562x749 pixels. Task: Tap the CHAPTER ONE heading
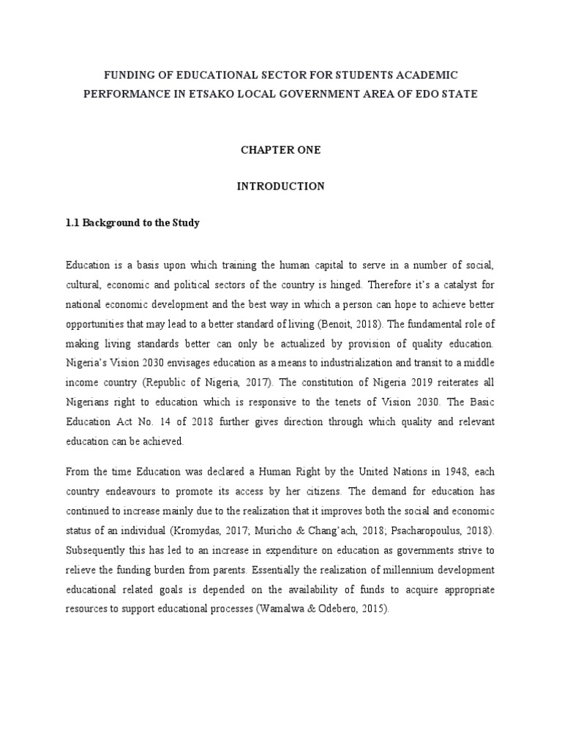pos(280,150)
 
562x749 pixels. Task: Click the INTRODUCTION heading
pos(280,187)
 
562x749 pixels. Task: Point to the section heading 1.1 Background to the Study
pos(132,223)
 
